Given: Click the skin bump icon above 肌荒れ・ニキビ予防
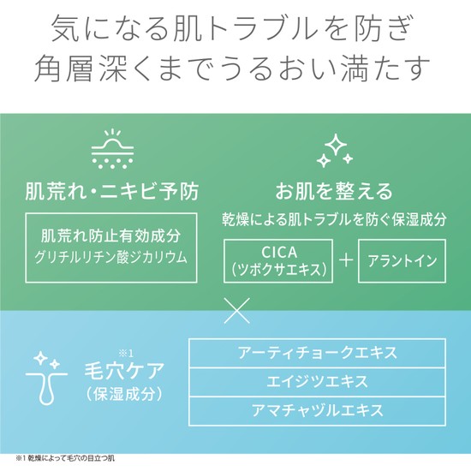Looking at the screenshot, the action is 112,148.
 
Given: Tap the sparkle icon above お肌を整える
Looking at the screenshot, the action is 335,151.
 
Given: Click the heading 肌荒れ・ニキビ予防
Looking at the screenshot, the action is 112,191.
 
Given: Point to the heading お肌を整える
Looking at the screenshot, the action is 334,191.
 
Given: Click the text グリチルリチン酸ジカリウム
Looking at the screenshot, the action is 111,258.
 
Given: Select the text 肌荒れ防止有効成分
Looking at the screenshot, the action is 111,235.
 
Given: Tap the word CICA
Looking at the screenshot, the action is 279,253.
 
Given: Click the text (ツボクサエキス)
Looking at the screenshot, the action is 279,269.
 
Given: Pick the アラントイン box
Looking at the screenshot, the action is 402,260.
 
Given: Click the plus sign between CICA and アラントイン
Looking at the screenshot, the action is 346,260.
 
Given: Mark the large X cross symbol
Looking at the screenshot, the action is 237,311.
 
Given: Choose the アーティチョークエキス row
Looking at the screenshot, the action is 317,353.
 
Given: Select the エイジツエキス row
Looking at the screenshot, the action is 317,382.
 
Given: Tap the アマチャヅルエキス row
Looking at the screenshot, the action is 317,410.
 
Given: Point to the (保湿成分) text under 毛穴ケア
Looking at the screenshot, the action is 124,394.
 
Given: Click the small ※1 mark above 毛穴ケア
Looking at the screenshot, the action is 126,354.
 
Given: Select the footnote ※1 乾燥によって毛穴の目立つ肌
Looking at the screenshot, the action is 65,459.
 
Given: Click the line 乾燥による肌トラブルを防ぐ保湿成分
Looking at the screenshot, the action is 334,220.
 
